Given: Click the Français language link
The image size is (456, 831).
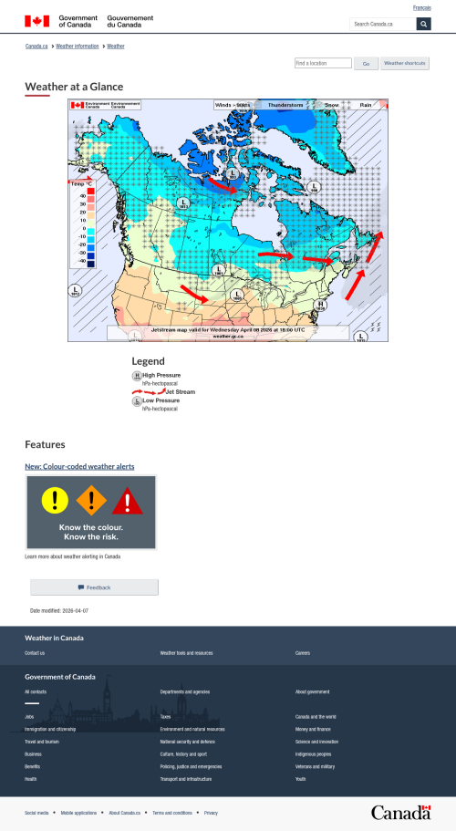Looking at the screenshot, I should (x=422, y=7).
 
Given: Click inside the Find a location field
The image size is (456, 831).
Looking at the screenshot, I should (x=323, y=64).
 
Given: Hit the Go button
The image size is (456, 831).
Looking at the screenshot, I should (x=366, y=64).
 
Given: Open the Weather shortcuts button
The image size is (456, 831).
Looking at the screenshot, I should (x=405, y=64).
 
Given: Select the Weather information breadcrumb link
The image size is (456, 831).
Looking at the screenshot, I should (x=78, y=46).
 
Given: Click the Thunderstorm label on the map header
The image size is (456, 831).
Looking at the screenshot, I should (x=285, y=105).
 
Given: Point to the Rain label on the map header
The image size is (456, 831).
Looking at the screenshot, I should (x=366, y=105).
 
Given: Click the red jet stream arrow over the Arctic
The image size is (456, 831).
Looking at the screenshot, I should (x=223, y=183).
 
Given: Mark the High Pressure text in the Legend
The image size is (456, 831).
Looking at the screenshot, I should (x=161, y=375).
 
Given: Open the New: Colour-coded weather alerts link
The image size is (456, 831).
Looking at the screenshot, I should (x=79, y=466).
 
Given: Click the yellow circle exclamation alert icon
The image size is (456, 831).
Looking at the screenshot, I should (x=55, y=499).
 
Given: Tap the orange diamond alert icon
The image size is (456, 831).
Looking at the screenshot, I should (x=90, y=499).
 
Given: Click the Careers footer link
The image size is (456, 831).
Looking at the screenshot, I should (x=303, y=653).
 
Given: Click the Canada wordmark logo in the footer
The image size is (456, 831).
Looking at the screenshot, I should (x=400, y=812).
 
